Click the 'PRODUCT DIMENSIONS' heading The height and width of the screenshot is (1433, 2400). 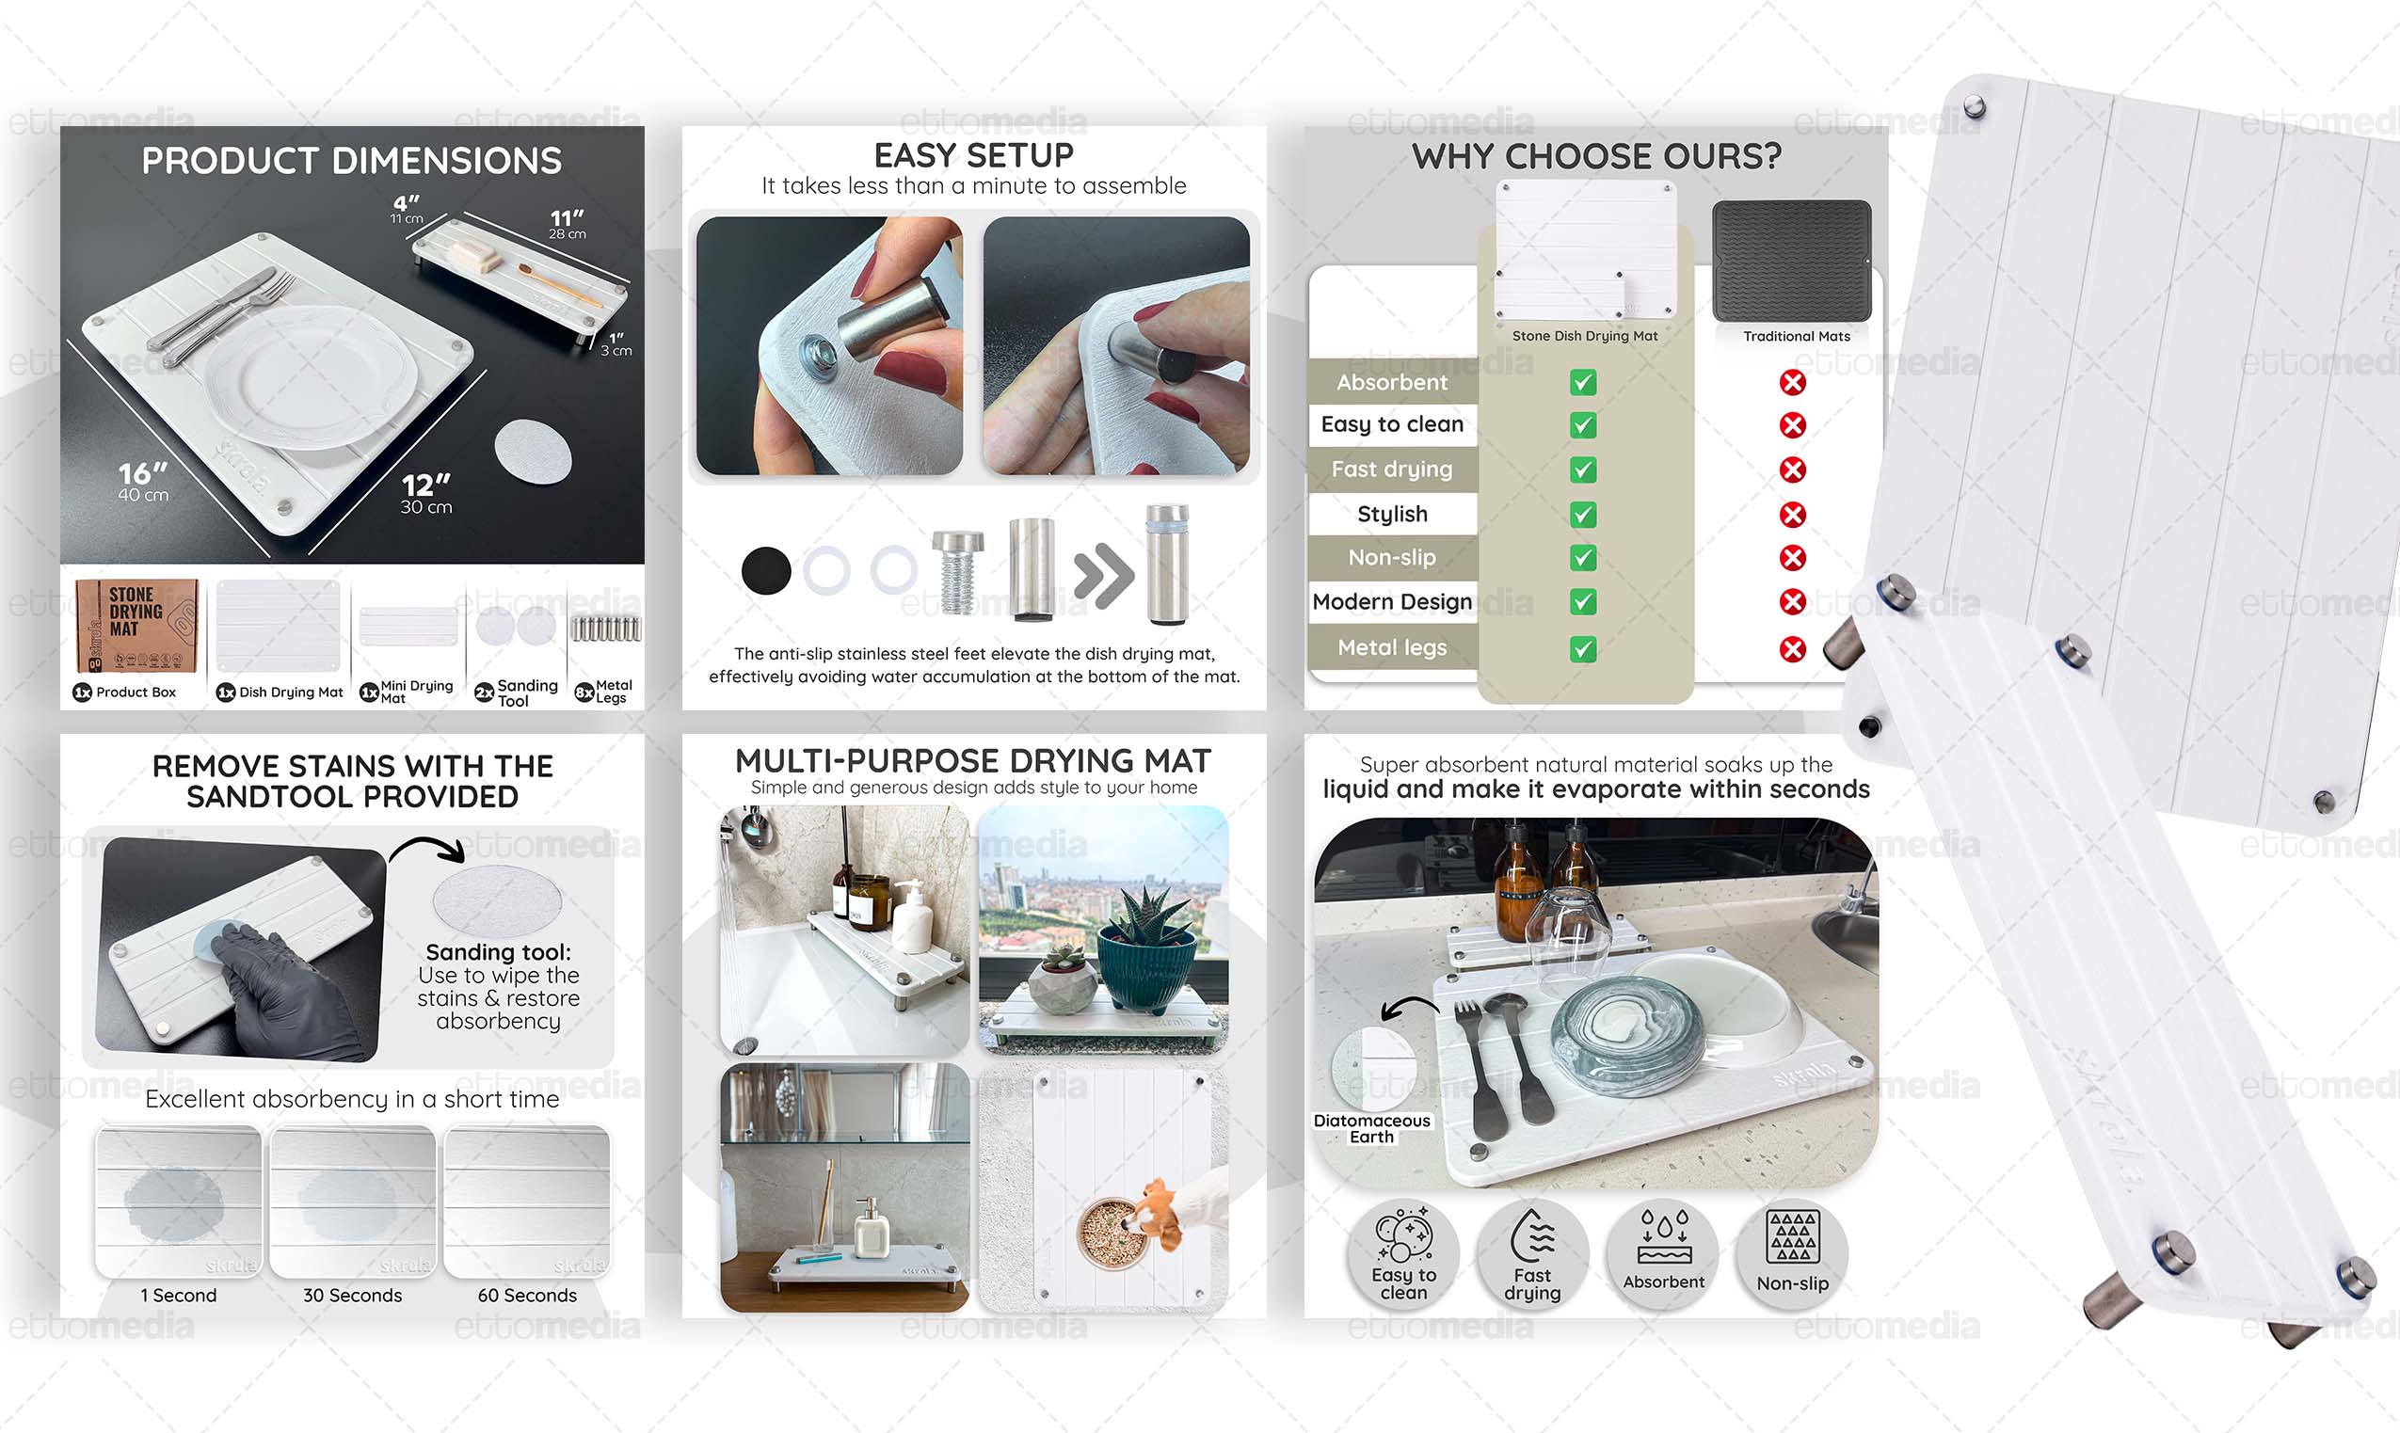[352, 160]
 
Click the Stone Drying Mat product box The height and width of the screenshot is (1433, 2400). [137, 626]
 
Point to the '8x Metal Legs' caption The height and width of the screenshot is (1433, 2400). [604, 692]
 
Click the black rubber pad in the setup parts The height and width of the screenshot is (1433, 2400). [766, 571]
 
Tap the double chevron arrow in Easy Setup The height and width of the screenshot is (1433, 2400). [1103, 577]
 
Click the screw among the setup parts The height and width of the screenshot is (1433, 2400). [957, 572]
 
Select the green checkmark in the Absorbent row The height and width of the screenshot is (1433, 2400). [1583, 382]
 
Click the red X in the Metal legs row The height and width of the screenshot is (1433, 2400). [1793, 649]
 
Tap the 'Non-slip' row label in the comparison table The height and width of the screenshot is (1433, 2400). [1392, 557]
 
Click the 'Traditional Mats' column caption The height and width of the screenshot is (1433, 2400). [1797, 336]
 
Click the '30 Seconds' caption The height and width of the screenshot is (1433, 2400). [353, 1295]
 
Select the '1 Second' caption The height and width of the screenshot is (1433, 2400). [179, 1295]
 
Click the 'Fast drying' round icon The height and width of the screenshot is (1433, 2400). [1533, 1254]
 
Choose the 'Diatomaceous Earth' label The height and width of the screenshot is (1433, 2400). [1371, 1128]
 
